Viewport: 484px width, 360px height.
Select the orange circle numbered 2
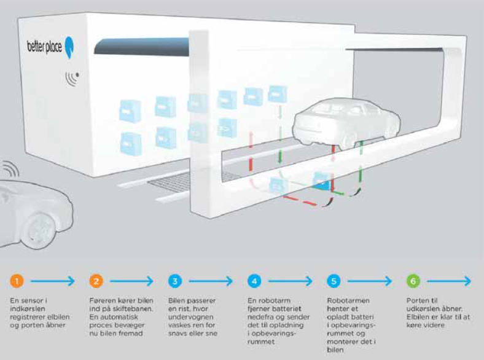pyautogui.click(x=96, y=281)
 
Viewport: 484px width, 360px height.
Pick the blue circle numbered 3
pyautogui.click(x=176, y=281)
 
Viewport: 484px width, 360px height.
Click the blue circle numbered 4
pyautogui.click(x=254, y=281)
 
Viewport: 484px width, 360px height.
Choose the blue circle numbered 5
pyautogui.click(x=334, y=281)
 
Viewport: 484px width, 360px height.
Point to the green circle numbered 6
pyautogui.click(x=413, y=281)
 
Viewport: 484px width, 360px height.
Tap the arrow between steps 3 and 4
pyautogui.click(x=213, y=281)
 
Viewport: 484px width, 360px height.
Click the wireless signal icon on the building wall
pyautogui.click(x=72, y=79)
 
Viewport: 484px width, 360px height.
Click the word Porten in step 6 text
pyautogui.click(x=418, y=300)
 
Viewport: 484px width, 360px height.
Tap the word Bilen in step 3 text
pyautogui.click(x=176, y=300)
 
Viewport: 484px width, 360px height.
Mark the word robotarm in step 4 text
pyautogui.click(x=273, y=300)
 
